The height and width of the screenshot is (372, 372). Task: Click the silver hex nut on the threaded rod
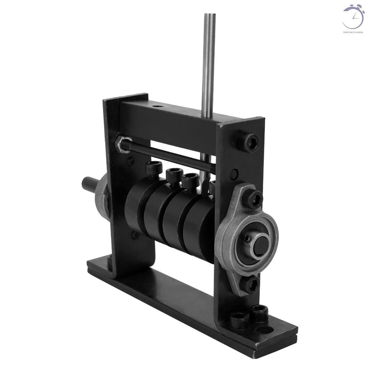pyautogui.click(x=120, y=141)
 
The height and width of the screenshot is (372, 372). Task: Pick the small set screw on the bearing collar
pyautogui.click(x=247, y=238)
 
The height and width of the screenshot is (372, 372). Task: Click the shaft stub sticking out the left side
pyautogui.click(x=89, y=184)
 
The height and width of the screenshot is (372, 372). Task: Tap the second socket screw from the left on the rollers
pyautogui.click(x=172, y=175)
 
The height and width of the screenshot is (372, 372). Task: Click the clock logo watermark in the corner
pyautogui.click(x=353, y=17)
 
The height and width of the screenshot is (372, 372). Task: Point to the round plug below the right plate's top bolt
pyautogui.click(x=234, y=173)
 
